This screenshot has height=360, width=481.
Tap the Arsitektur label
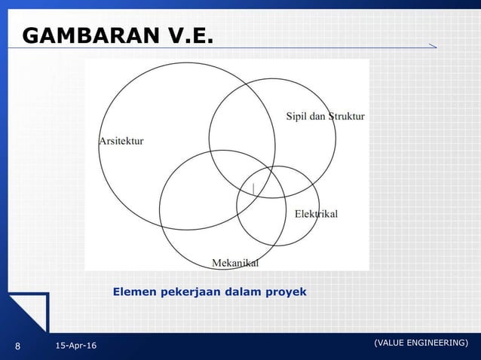(121, 141)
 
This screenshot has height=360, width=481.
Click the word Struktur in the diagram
(346, 116)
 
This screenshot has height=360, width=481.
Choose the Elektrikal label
(316, 214)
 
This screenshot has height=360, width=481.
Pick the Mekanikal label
(235, 263)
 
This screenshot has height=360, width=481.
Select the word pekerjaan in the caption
(187, 291)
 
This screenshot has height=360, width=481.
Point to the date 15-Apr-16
(75, 346)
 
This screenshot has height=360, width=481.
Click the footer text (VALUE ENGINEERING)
(421, 343)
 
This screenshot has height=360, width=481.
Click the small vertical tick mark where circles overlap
(254, 186)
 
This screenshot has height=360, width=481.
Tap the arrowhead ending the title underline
(432, 47)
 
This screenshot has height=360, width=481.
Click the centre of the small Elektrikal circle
(278, 206)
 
